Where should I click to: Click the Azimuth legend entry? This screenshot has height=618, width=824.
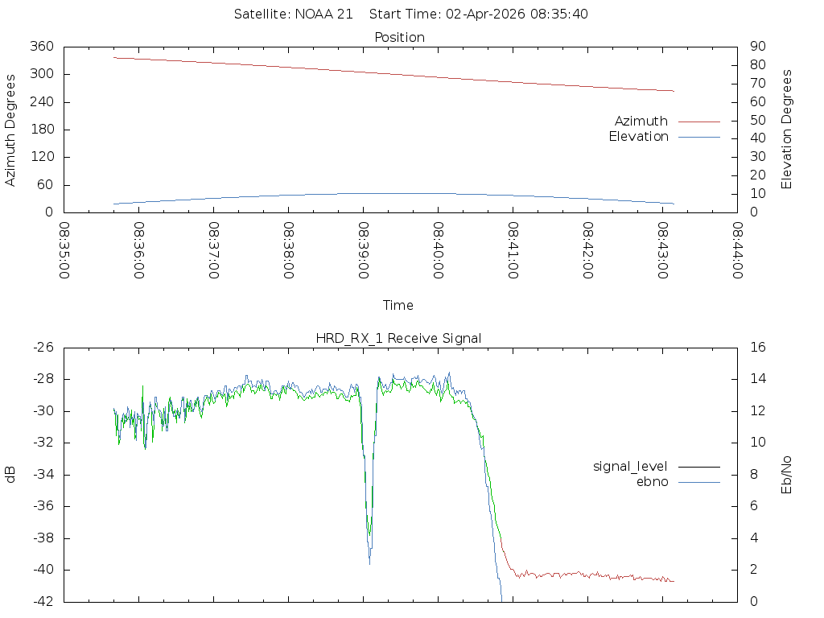point(641,121)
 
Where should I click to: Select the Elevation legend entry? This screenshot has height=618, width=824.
point(639,137)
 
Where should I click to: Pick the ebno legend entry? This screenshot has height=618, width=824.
point(653,481)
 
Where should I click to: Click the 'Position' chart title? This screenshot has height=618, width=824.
point(400,37)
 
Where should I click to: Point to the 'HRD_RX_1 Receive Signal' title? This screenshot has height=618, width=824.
point(398,338)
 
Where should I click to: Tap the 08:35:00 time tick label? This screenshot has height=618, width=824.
point(64,250)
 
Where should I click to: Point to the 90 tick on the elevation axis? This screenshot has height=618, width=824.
point(756,47)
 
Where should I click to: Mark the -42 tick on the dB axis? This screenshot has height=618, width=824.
point(42,601)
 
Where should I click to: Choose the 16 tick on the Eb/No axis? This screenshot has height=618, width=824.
point(756,348)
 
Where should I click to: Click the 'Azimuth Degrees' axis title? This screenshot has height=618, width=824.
point(11,130)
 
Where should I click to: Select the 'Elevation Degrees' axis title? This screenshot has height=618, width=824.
point(787,130)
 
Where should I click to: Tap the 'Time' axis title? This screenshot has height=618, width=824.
point(398,305)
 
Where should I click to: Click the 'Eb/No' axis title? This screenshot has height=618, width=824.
point(787,474)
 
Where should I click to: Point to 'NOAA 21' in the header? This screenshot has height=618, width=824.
point(320,14)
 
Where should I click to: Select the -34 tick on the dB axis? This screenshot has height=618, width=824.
point(42,474)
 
